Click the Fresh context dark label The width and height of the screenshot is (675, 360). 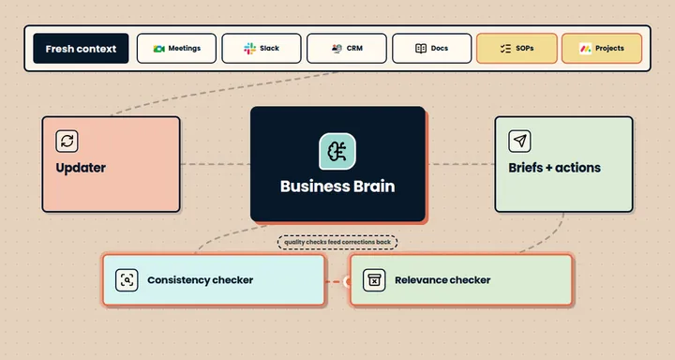(x=81, y=48)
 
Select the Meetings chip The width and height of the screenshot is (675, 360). (x=176, y=48)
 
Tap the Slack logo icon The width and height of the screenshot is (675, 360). (x=249, y=48)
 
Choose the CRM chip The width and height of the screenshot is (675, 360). (x=347, y=48)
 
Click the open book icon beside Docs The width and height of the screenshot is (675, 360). (x=421, y=48)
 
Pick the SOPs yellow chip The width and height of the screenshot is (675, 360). (x=517, y=48)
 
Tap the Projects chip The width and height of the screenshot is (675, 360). (x=602, y=48)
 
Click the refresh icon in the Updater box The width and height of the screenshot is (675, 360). (x=67, y=141)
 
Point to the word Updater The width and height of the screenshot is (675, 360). (x=81, y=168)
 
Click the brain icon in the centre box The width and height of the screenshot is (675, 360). (x=337, y=151)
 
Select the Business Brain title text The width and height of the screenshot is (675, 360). (x=337, y=186)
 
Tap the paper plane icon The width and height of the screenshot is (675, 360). (x=519, y=141)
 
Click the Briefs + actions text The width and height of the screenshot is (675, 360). (x=554, y=168)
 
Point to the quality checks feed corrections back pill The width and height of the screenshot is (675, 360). (x=337, y=242)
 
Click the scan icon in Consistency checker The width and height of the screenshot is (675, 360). (x=127, y=280)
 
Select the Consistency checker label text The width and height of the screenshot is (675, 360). (x=201, y=280)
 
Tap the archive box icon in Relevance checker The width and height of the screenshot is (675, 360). (x=374, y=280)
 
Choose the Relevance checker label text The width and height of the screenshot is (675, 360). (x=442, y=280)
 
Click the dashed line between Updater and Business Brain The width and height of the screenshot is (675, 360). (x=216, y=164)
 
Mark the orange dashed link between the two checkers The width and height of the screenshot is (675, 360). (x=335, y=281)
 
